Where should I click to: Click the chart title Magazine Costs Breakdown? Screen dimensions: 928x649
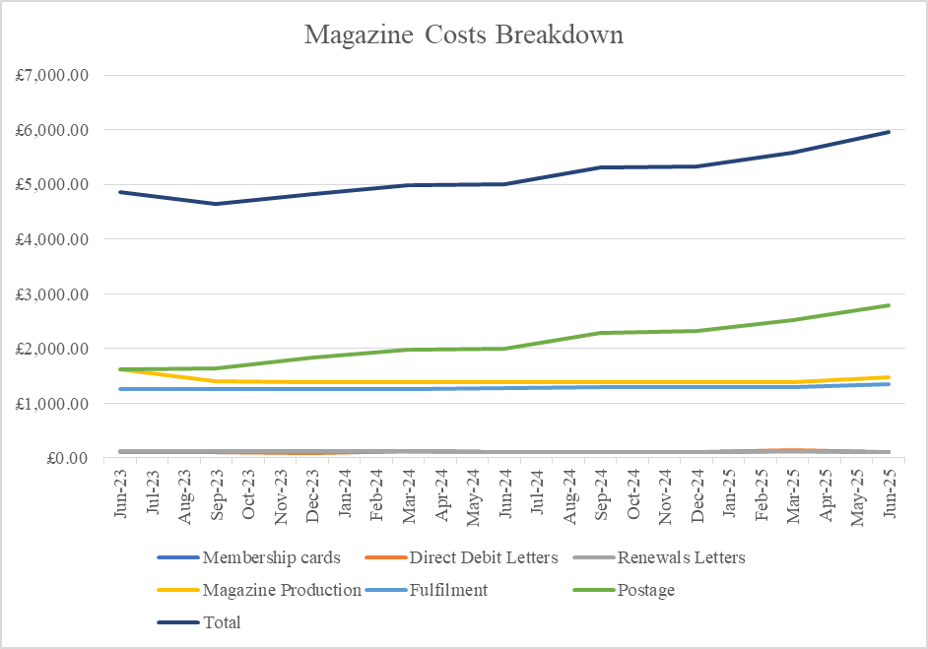click(464, 34)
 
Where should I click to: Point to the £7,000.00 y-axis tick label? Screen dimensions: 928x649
click(52, 75)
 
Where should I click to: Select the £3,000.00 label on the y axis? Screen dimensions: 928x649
click(52, 294)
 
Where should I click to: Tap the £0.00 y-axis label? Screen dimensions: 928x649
click(67, 458)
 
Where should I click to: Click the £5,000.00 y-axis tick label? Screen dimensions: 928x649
click(52, 184)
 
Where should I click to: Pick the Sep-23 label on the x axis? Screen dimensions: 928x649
click(217, 494)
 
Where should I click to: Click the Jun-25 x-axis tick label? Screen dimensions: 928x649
click(890, 493)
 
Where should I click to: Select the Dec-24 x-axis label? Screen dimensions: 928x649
click(697, 495)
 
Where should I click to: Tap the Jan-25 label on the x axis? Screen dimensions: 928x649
click(729, 493)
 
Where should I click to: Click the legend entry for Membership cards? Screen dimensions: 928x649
click(249, 557)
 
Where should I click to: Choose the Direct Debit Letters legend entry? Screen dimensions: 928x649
click(462, 557)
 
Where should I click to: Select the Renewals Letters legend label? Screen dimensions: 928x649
click(659, 557)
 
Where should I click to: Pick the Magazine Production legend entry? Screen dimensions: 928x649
click(259, 590)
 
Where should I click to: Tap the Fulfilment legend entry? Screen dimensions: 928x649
click(427, 590)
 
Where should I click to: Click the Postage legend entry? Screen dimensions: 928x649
click(624, 590)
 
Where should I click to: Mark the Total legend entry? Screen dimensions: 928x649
click(199, 622)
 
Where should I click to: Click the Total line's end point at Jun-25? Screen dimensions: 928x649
click(889, 132)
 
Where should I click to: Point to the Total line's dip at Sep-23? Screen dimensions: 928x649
click(216, 204)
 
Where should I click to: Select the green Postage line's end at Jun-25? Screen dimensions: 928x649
click(889, 305)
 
